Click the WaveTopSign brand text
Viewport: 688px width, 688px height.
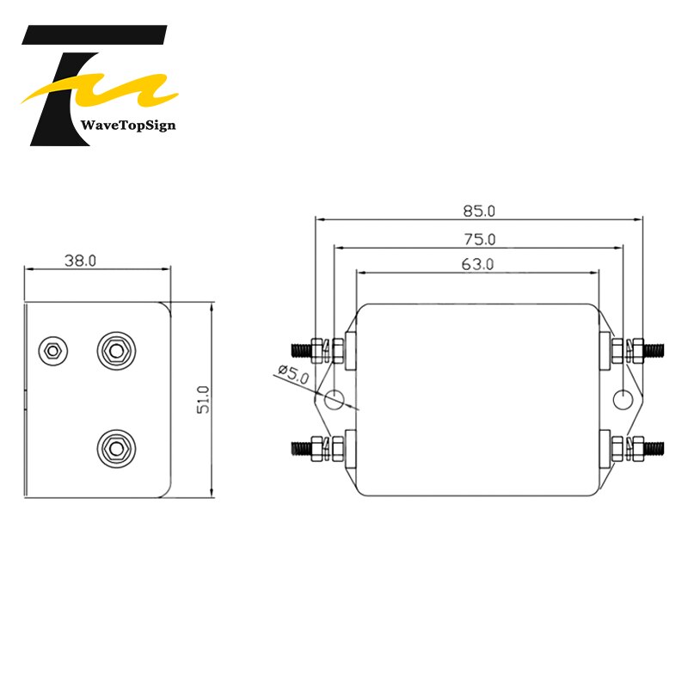point(127,126)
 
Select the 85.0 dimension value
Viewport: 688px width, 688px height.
point(479,210)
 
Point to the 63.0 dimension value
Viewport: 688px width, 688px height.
point(477,265)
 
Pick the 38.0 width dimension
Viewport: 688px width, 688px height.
point(80,260)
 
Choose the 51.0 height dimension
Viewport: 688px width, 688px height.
point(203,399)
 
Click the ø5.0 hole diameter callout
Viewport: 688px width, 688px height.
point(292,373)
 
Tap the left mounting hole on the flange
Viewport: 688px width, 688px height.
point(334,398)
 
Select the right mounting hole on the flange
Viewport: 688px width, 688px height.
point(623,398)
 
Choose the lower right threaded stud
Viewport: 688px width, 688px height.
point(654,447)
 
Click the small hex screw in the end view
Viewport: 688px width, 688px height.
point(52,349)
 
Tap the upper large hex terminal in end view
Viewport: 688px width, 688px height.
point(114,348)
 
